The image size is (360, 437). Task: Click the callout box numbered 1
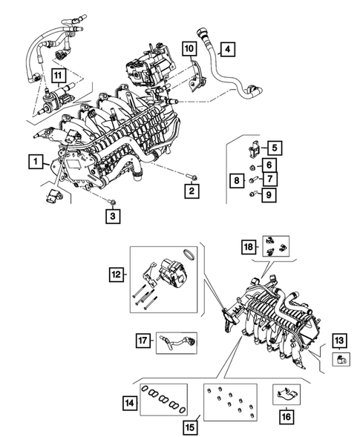pos(33,160)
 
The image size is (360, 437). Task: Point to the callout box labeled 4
pos(229,50)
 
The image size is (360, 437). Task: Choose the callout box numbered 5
pos(274,147)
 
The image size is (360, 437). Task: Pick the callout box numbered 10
pos(189,50)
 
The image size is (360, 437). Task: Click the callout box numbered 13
pos(338,341)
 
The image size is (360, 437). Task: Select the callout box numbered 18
pos(249,246)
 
